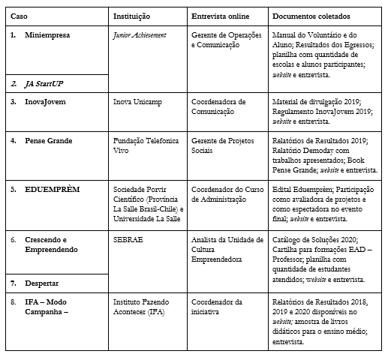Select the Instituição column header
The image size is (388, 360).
pos(133,15)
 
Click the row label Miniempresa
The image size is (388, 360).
pos(47,35)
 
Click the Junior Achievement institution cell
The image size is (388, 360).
pos(139,35)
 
